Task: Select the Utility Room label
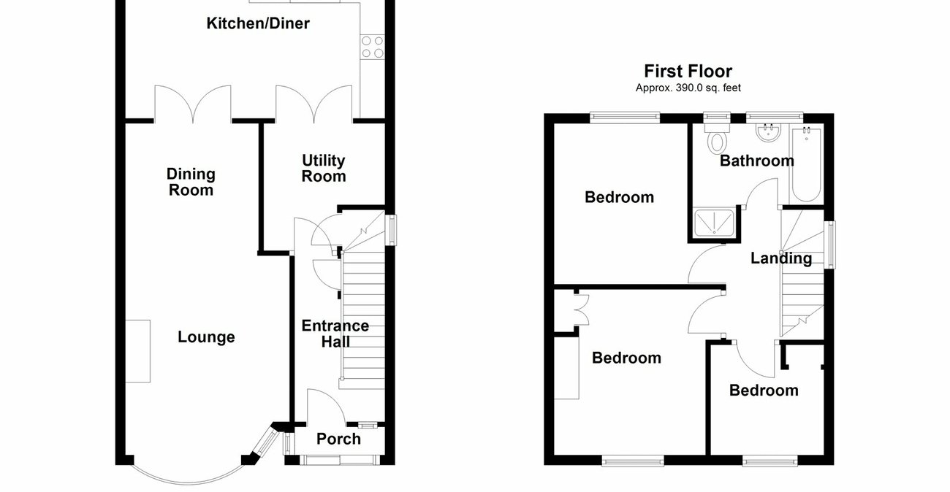tap(324, 168)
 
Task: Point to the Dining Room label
tap(191, 182)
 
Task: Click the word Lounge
tap(206, 337)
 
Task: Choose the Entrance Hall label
tap(335, 334)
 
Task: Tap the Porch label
tap(338, 439)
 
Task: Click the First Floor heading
tap(688, 71)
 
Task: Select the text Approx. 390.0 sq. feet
tap(688, 88)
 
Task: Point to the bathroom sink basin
tap(767, 133)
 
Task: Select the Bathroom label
tap(756, 161)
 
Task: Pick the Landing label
tap(781, 258)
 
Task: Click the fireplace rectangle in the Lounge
tap(137, 350)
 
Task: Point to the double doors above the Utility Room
tap(313, 104)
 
